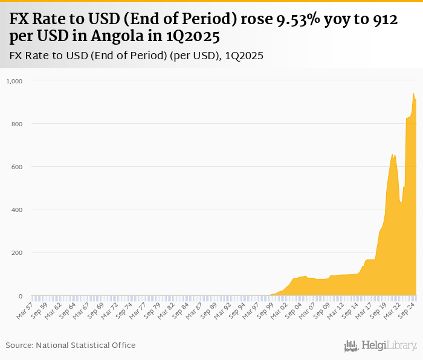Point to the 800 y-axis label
click(x=16, y=124)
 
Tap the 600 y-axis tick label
click(x=16, y=167)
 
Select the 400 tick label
click(x=16, y=210)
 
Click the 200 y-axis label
click(x=16, y=253)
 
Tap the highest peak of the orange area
click(x=413, y=93)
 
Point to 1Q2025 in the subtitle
click(x=244, y=56)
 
